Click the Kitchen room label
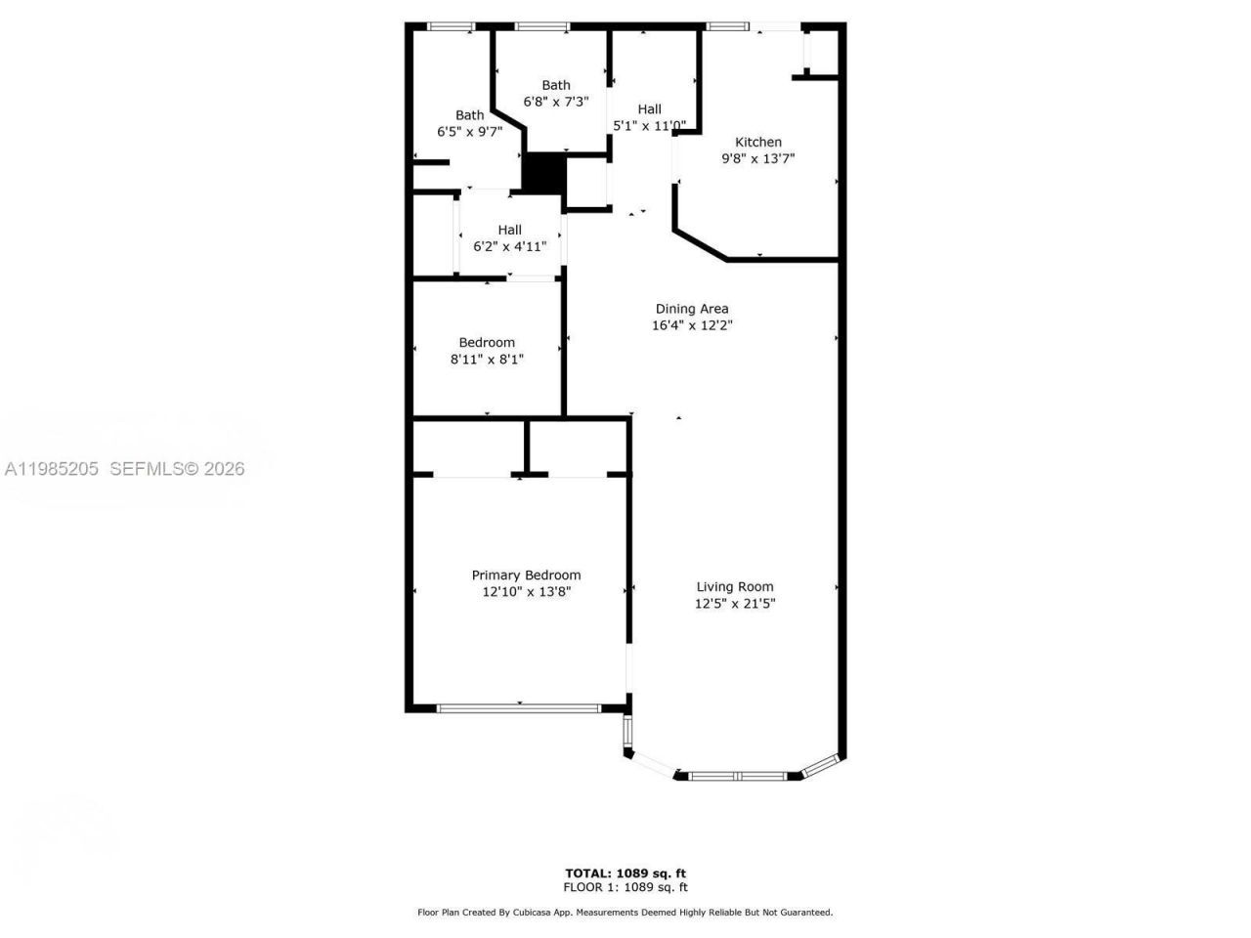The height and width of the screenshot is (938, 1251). pos(757,142)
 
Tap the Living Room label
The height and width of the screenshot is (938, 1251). pos(734,587)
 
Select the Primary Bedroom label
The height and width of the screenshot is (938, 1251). pos(526,576)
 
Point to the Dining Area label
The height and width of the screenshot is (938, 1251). pos(692,309)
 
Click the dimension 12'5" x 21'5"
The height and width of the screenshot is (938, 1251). pos(735,604)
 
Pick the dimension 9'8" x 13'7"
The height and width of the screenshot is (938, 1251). pos(757,158)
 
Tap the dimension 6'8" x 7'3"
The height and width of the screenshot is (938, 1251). pos(556,102)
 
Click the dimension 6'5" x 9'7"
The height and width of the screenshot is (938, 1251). pos(469,132)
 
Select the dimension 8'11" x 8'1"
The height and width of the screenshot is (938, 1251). pos(487,360)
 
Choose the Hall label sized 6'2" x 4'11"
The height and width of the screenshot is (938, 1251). pos(509,230)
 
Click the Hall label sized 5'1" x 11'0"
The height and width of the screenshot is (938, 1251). pos(649,108)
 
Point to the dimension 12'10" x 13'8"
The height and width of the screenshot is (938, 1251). pos(526,592)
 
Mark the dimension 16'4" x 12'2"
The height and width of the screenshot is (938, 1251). pos(692,325)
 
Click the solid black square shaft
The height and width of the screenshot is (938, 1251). pos(543,173)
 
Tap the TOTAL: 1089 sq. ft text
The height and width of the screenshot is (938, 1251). pos(625,873)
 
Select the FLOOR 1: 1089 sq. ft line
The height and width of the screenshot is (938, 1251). pos(625,887)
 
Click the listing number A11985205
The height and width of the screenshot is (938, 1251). pos(51,469)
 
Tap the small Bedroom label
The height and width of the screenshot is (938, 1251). pos(487,343)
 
